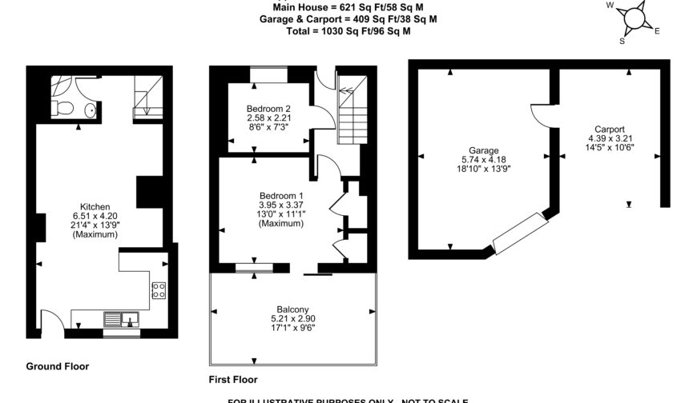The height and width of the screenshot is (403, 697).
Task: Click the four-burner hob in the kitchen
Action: tap(159, 290)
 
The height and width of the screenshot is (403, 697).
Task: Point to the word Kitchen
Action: tap(95, 206)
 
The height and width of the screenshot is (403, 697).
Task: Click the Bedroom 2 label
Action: tap(268, 109)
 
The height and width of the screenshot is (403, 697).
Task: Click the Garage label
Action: tap(484, 150)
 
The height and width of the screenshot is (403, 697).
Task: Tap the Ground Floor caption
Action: tap(58, 366)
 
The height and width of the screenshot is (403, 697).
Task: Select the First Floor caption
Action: tap(233, 380)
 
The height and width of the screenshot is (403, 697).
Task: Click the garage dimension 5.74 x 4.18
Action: tap(484, 159)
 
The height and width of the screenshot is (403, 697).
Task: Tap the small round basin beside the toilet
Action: tap(91, 110)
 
